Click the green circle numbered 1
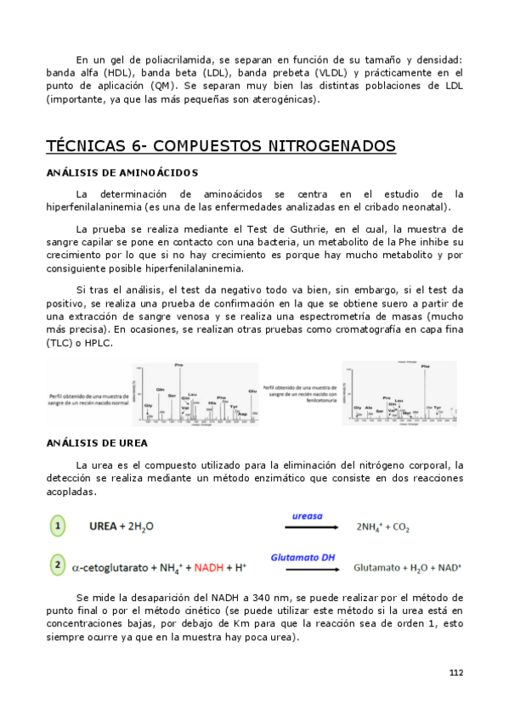pyautogui.click(x=58, y=526)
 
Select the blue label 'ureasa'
pyautogui.click(x=307, y=515)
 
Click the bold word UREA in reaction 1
pyautogui.click(x=105, y=527)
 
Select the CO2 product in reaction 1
pyautogui.click(x=400, y=528)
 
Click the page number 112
pyautogui.click(x=456, y=672)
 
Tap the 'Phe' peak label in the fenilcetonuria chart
pyautogui.click(x=425, y=367)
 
